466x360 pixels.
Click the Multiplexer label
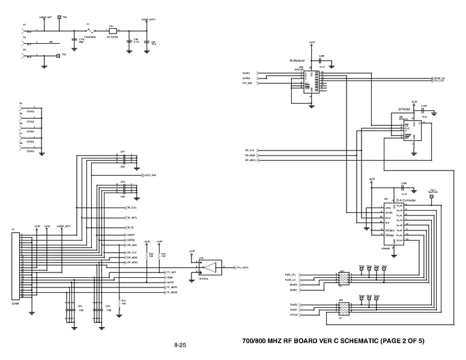298,61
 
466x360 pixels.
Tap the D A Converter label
394,200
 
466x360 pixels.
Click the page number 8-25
180,345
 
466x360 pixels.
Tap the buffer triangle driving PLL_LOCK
211,266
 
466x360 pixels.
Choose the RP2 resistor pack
343,308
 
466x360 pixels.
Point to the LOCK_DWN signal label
150,175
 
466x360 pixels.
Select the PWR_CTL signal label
291,274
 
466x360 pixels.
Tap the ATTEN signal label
294,315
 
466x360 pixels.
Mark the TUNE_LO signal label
291,280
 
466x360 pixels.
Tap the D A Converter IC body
393,223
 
